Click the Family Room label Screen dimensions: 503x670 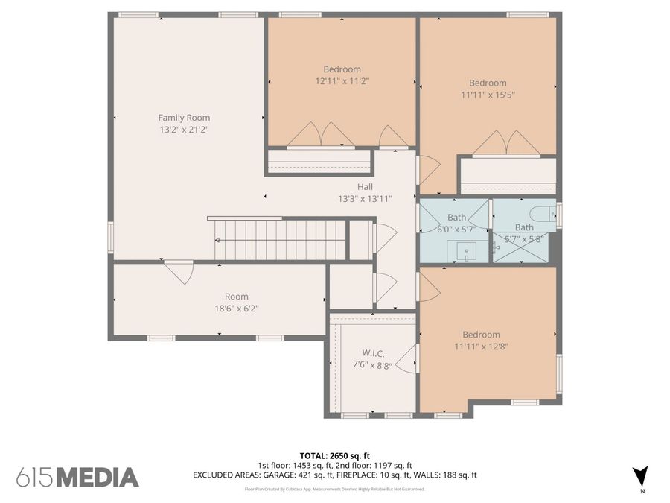(x=184, y=118)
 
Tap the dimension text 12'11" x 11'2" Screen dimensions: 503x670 (x=342, y=80)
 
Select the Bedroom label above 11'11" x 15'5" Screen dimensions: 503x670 (x=488, y=83)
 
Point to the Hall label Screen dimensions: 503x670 (x=365, y=187)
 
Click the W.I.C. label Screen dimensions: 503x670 (x=372, y=352)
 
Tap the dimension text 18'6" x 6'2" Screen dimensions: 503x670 (x=237, y=308)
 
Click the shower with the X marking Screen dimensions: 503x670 (x=523, y=249)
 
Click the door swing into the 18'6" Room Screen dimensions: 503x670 (x=179, y=271)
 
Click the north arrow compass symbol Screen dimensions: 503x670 (x=640, y=476)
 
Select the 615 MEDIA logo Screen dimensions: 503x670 (x=77, y=477)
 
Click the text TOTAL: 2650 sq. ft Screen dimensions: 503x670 (x=334, y=455)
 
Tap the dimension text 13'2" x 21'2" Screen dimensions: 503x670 (x=184, y=130)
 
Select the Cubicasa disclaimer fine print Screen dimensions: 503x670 (x=334, y=489)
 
